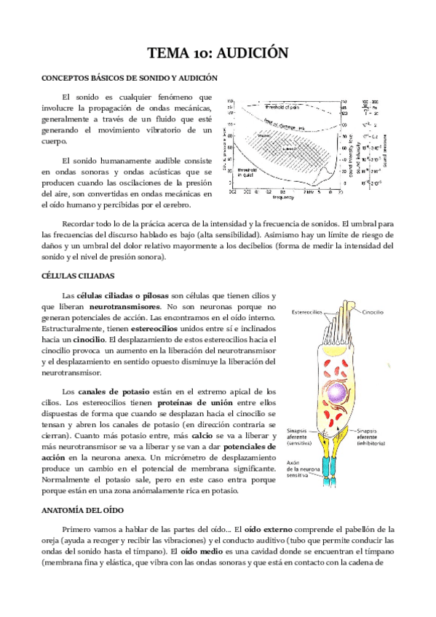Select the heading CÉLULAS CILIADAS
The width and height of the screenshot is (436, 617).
78,276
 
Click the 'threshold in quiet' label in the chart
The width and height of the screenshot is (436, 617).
249,173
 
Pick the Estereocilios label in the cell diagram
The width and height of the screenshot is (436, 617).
309,312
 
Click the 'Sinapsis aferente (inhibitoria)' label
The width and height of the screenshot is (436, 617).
371,436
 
